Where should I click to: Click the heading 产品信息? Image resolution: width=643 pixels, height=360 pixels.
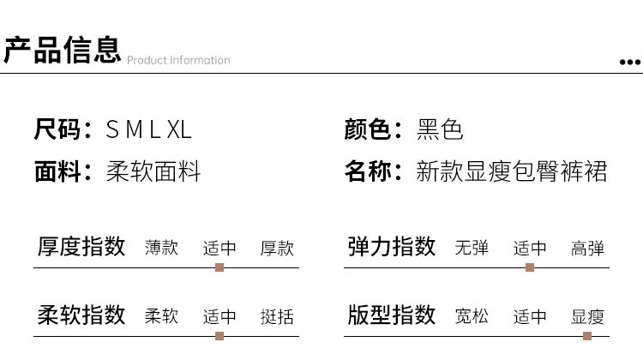62,51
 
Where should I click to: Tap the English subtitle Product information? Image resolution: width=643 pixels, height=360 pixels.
178,60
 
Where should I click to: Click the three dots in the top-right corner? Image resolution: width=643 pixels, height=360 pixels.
630,62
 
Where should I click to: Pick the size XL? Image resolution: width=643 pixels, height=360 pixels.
179,130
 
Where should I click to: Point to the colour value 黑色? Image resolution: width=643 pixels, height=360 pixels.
440,130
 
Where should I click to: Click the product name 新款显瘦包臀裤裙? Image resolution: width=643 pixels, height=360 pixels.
511,171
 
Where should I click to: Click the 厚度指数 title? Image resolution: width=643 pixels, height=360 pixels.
81,247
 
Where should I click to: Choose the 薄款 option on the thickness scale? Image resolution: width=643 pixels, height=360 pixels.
161,248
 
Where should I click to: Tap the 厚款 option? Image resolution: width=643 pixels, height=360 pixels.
277,248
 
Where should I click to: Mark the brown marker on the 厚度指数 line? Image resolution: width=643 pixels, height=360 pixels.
219,267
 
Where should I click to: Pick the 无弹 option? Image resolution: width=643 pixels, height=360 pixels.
472,248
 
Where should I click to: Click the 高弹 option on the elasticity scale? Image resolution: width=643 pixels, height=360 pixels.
587,248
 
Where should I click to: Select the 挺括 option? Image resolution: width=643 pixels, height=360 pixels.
277,316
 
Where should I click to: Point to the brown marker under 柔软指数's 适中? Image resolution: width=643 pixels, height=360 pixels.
219,336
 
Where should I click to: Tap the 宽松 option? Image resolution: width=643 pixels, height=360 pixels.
472,316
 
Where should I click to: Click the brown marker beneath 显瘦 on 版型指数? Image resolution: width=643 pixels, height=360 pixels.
587,336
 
